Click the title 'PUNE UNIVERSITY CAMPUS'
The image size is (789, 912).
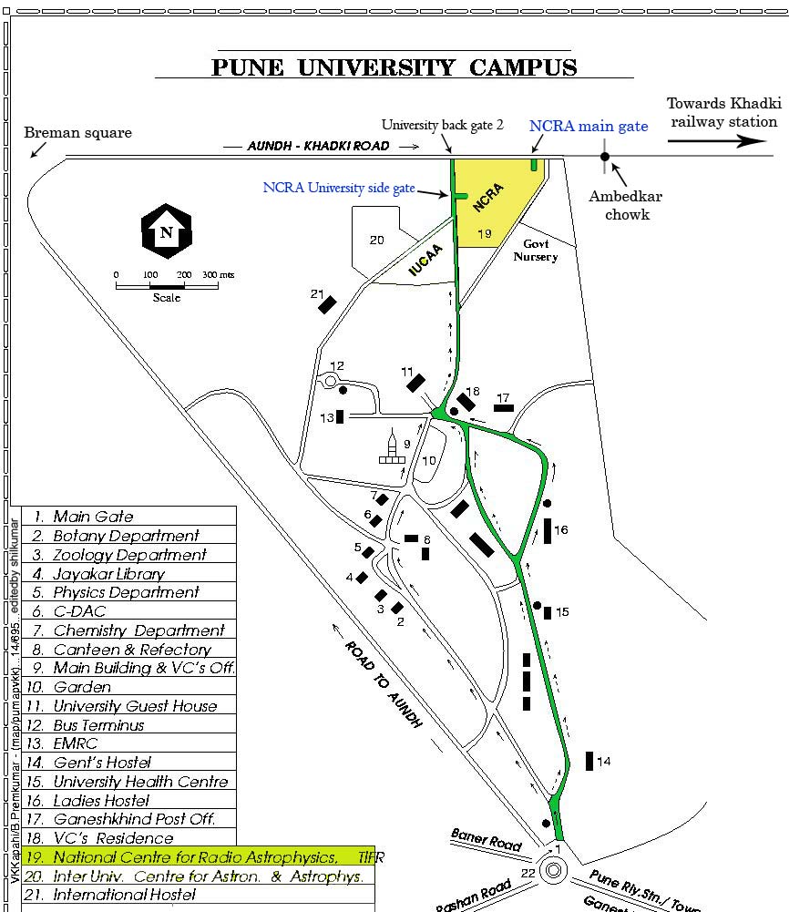tap(394, 67)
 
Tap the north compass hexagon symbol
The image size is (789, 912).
tap(166, 231)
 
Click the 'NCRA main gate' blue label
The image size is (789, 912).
tap(589, 126)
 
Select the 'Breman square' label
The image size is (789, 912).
tap(78, 133)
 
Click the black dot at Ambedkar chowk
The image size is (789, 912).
tap(604, 157)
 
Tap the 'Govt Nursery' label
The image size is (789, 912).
tap(535, 251)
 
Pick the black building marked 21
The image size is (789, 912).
tap(327, 304)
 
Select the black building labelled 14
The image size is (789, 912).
tap(589, 761)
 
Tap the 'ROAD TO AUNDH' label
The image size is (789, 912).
tap(384, 683)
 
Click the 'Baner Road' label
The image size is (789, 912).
tap(487, 839)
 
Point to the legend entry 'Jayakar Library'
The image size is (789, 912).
tap(108, 574)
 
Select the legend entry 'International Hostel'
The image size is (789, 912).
tap(124, 895)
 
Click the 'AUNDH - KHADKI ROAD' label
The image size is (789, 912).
tap(319, 146)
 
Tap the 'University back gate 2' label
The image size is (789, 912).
tap(443, 126)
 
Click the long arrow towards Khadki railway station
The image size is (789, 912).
tap(718, 141)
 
